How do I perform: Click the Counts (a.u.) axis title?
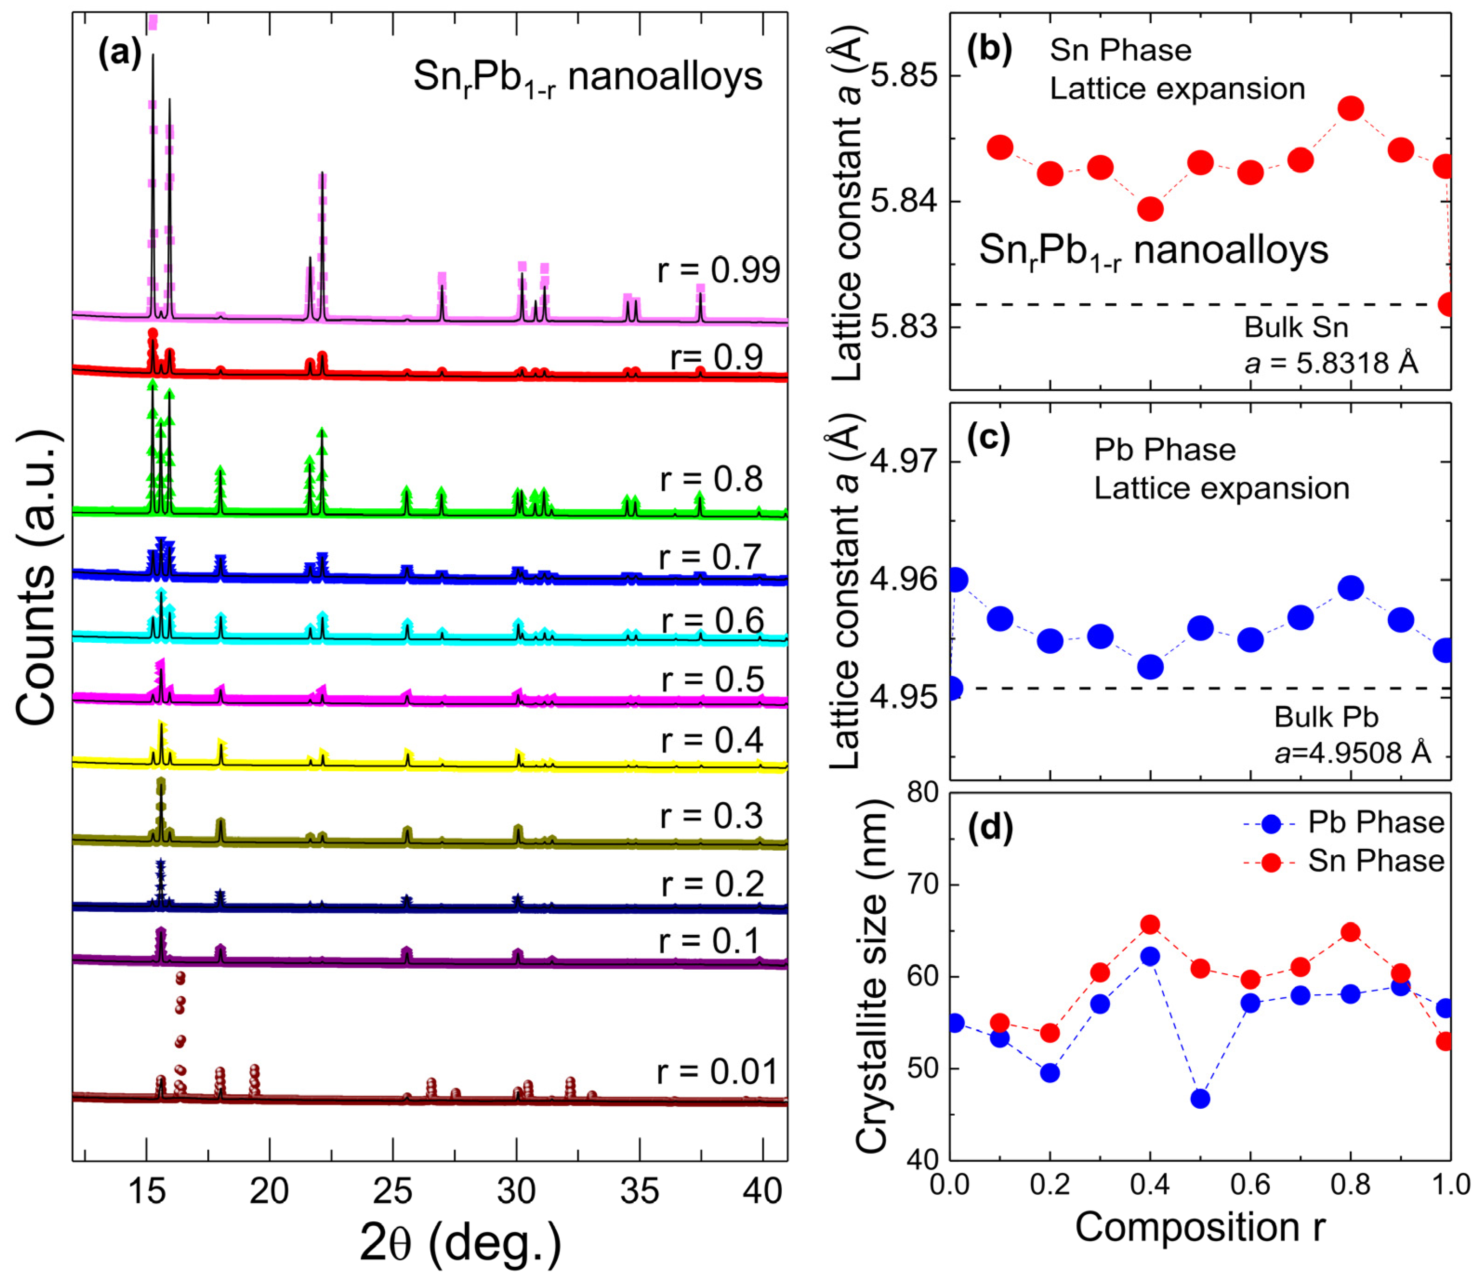pos(36,578)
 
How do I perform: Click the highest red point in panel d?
pos(1150,925)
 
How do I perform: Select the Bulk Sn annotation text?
pos(1296,327)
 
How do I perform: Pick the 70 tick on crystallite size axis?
pos(920,885)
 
